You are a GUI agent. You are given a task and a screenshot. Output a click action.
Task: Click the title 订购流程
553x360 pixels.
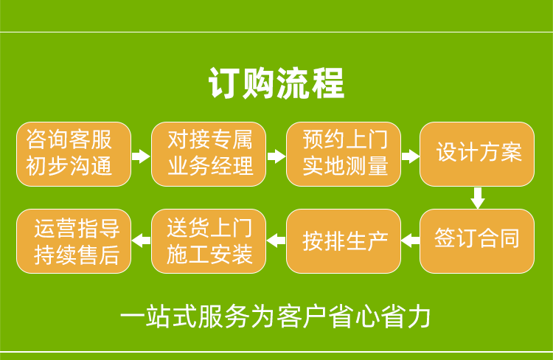[276, 83]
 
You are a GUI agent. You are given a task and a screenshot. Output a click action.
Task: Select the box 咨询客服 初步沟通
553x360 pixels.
[74, 154]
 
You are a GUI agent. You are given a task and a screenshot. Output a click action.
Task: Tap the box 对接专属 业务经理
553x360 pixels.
[209, 154]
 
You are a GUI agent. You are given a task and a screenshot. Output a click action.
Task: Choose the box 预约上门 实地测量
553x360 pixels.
[344, 154]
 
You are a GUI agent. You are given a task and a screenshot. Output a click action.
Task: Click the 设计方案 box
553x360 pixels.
[477, 154]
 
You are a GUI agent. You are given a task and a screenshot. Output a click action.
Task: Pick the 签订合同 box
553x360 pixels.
[477, 241]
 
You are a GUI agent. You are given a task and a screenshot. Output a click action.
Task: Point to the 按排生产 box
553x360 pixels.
[344, 241]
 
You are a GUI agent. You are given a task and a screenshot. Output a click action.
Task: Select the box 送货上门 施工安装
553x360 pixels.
[209, 241]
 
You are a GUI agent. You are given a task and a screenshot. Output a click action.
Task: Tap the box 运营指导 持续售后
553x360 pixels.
[74, 241]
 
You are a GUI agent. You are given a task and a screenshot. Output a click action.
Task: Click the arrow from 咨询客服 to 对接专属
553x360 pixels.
[141, 156]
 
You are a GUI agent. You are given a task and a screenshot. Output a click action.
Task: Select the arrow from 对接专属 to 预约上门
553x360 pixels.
[276, 156]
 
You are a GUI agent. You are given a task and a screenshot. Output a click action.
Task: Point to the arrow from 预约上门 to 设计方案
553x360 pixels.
[410, 156]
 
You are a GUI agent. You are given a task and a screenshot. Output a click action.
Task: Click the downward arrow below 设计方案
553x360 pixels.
[478, 198]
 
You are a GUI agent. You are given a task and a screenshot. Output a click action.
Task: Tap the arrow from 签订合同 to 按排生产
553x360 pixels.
[410, 240]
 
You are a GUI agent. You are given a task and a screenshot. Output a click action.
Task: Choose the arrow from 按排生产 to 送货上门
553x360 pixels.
[276, 240]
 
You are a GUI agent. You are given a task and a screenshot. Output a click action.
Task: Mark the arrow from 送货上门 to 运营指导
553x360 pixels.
[141, 240]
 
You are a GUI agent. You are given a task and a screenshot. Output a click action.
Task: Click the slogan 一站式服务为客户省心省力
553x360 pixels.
[276, 316]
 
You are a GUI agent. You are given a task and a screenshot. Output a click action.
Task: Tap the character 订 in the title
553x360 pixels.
[223, 83]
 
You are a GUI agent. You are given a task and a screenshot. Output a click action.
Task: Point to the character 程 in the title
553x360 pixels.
[329, 83]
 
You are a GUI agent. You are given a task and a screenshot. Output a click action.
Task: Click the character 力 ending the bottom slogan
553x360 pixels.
[420, 316]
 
